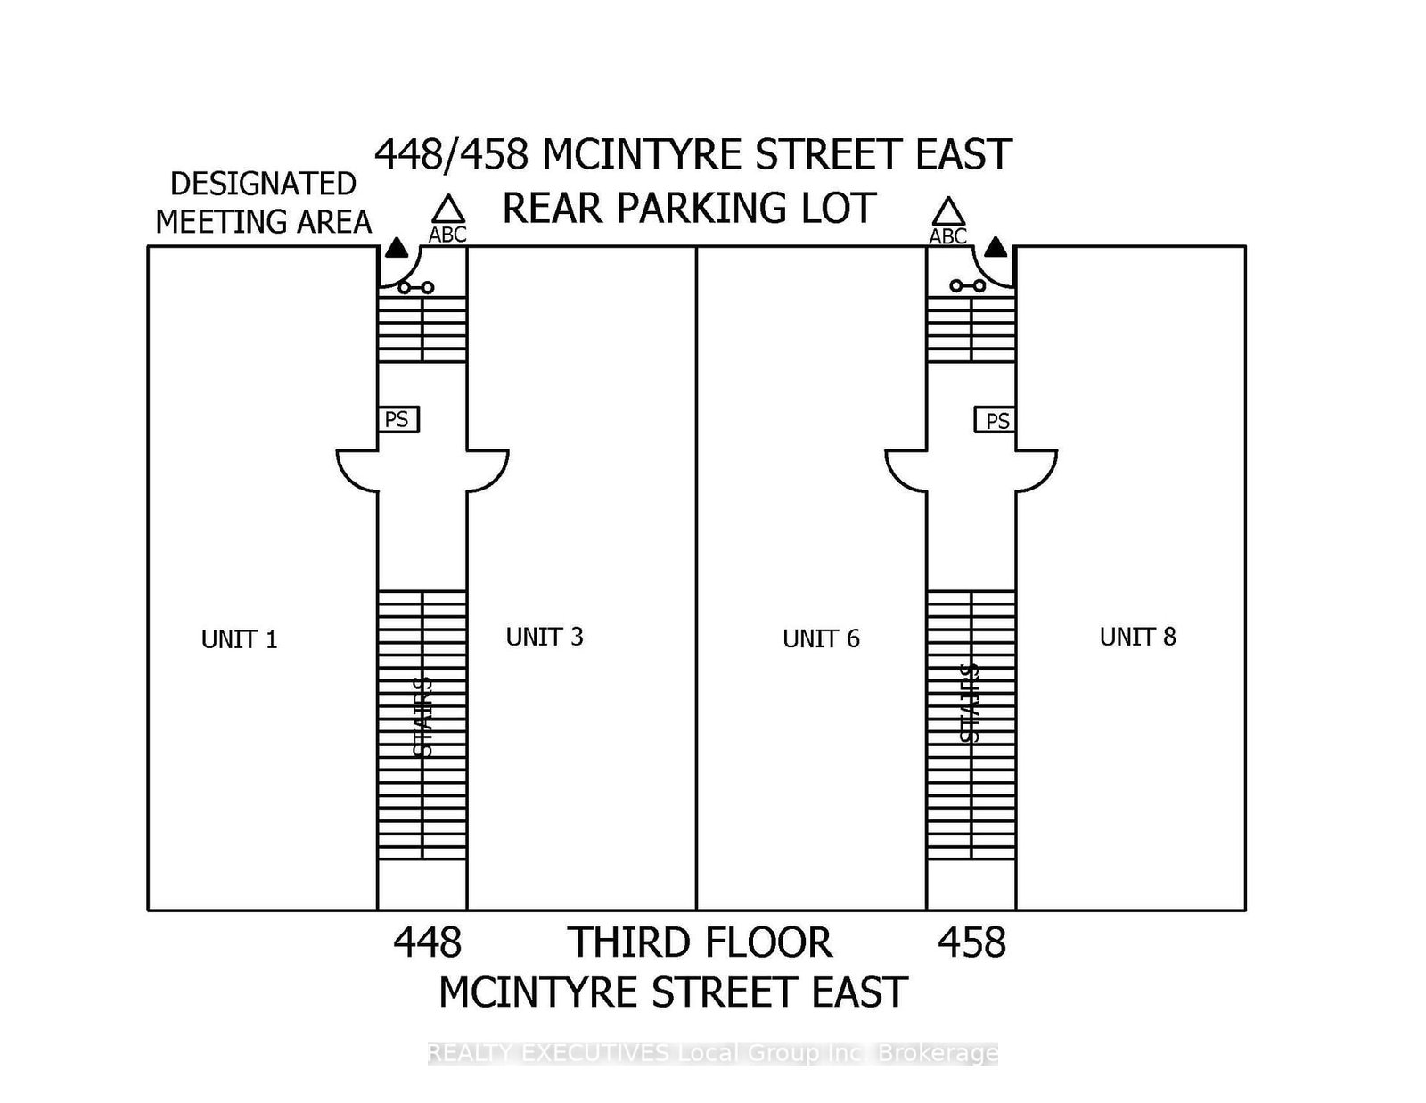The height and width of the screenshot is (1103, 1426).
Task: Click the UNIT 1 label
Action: point(239,639)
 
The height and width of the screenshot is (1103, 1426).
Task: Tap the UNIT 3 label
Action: point(545,637)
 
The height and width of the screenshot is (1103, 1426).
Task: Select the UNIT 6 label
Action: point(821,638)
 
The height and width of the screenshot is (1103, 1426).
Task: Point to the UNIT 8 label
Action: point(1137,637)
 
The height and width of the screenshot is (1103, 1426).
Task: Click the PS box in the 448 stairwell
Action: point(397,419)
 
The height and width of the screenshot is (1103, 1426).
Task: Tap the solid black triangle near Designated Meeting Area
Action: point(397,249)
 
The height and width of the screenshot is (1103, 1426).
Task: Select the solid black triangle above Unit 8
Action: point(996,247)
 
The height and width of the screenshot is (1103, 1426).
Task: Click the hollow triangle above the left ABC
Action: point(448,210)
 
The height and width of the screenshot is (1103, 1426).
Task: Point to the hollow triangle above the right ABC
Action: point(948,212)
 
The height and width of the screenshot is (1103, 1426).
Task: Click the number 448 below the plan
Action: point(428,942)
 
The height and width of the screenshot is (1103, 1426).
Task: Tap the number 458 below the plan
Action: point(971,942)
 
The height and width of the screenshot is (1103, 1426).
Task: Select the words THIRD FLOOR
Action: point(701,942)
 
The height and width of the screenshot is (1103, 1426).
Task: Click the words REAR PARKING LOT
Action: point(689,208)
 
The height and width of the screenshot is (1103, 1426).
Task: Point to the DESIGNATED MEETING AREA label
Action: point(264,202)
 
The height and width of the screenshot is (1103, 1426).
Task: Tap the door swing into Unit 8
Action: point(1036,469)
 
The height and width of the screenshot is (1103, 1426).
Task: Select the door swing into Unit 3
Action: point(487,469)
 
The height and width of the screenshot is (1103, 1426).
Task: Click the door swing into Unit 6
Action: point(906,469)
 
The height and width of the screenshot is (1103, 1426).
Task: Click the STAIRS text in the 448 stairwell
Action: point(422,718)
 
